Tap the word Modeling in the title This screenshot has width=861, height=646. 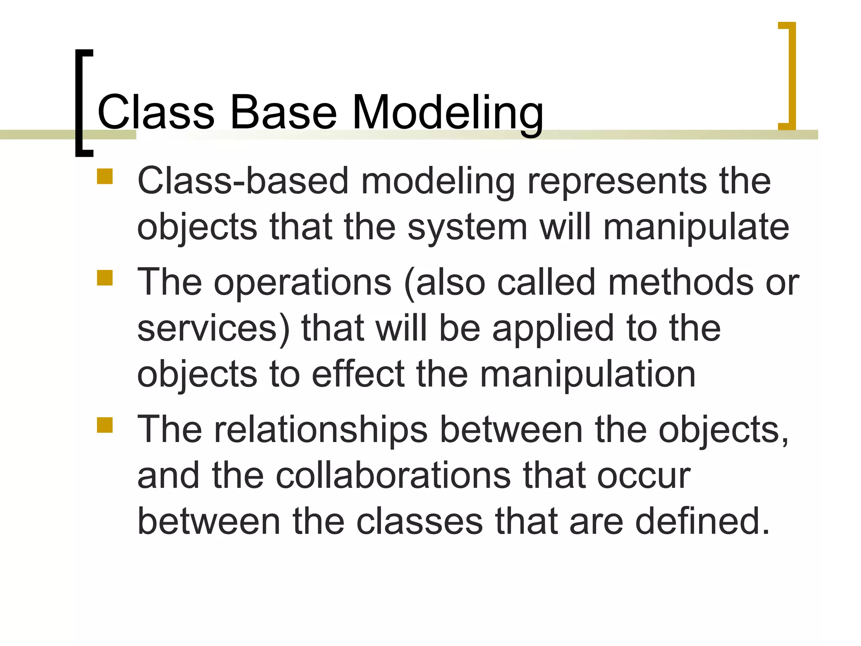[447, 112]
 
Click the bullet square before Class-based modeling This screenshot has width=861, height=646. [105, 177]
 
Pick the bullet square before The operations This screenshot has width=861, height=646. [105, 278]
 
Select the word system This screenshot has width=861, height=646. [467, 227]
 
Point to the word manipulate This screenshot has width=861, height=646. [696, 227]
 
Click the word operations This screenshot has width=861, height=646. [303, 283]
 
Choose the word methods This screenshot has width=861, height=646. [681, 283]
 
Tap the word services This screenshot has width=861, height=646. [214, 328]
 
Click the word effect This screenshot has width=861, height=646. [358, 374]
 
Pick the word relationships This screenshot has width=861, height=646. [321, 429]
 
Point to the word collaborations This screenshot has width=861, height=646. [393, 476]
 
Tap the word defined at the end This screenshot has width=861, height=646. [703, 522]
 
